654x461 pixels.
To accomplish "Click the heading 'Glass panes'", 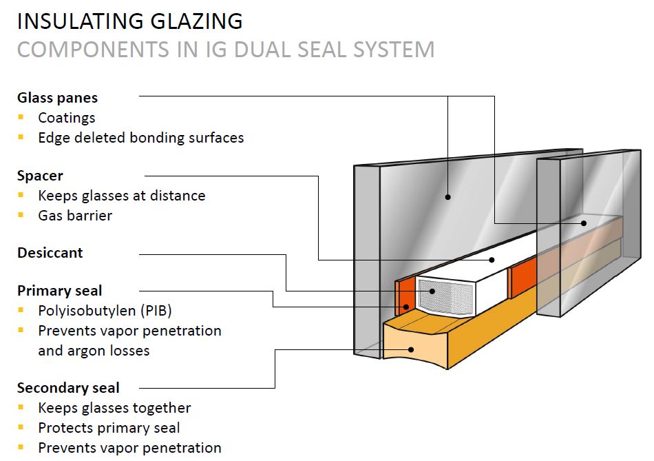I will (x=57, y=98).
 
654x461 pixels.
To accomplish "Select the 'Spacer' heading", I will (x=40, y=176).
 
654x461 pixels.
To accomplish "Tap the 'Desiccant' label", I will (x=50, y=253).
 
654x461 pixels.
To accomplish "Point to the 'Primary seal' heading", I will (x=59, y=290).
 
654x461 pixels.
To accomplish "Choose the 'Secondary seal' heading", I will (x=68, y=387).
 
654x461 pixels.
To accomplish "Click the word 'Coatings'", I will (x=67, y=118).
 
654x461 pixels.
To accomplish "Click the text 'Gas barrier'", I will (x=75, y=215).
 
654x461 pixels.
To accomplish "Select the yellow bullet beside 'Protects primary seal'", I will (x=21, y=428).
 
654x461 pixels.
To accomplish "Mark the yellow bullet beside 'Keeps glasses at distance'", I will (x=21, y=195).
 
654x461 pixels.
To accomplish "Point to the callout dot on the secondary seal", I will (x=412, y=349).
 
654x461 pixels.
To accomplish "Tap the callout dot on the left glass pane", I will (x=447, y=197).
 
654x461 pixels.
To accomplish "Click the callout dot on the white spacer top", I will (x=493, y=260).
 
